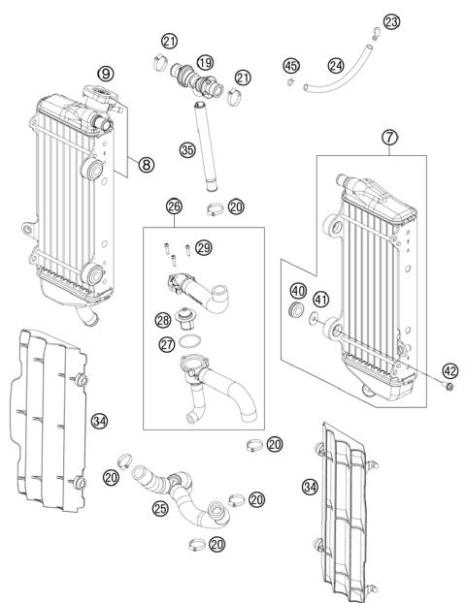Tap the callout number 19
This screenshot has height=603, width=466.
coord(205,62)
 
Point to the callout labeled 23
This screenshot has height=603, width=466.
coord(391,21)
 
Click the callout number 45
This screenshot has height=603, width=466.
coord(290,66)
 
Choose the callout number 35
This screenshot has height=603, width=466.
coord(187,149)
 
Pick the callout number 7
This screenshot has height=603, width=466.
coord(388,139)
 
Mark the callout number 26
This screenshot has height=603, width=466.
coord(174,206)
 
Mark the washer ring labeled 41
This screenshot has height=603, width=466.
coord(313,318)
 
